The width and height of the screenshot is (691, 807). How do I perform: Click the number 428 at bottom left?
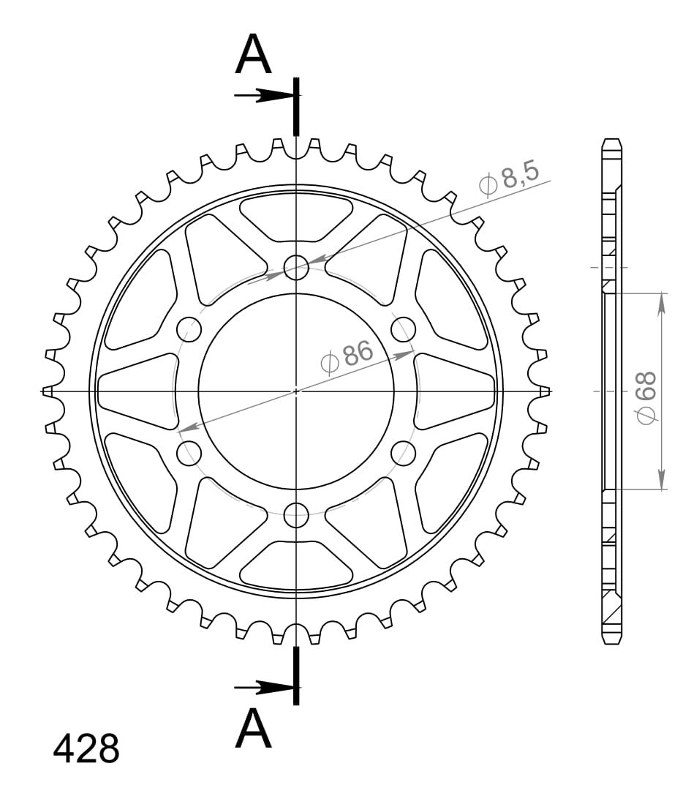(x=86, y=749)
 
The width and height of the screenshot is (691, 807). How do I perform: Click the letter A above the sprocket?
(x=253, y=56)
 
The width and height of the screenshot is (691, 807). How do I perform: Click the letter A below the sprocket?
(x=253, y=729)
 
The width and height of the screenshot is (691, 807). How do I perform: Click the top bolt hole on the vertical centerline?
(x=296, y=268)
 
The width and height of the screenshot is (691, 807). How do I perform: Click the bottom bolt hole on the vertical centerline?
(x=296, y=514)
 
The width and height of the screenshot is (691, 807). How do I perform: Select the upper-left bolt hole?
(x=189, y=329)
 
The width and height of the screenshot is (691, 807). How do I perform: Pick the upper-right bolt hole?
(x=403, y=329)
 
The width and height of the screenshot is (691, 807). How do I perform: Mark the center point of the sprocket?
(x=296, y=391)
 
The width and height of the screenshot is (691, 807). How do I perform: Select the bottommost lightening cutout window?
(x=296, y=566)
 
